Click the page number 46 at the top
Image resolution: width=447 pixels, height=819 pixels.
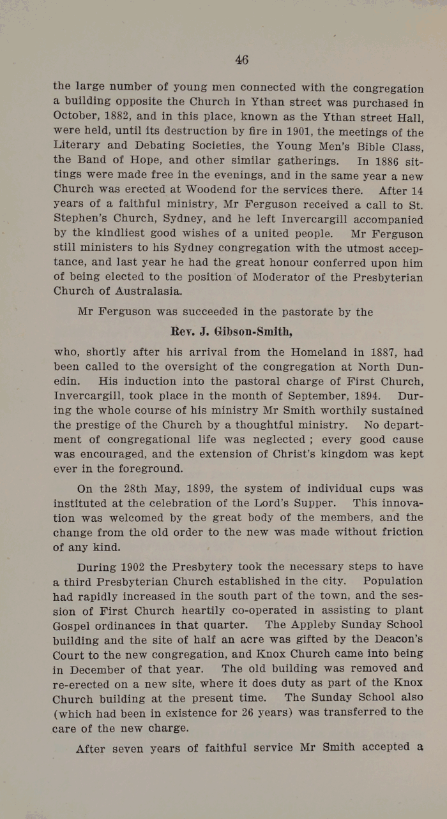click(241, 60)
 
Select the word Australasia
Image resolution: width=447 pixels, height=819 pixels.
click(143, 292)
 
